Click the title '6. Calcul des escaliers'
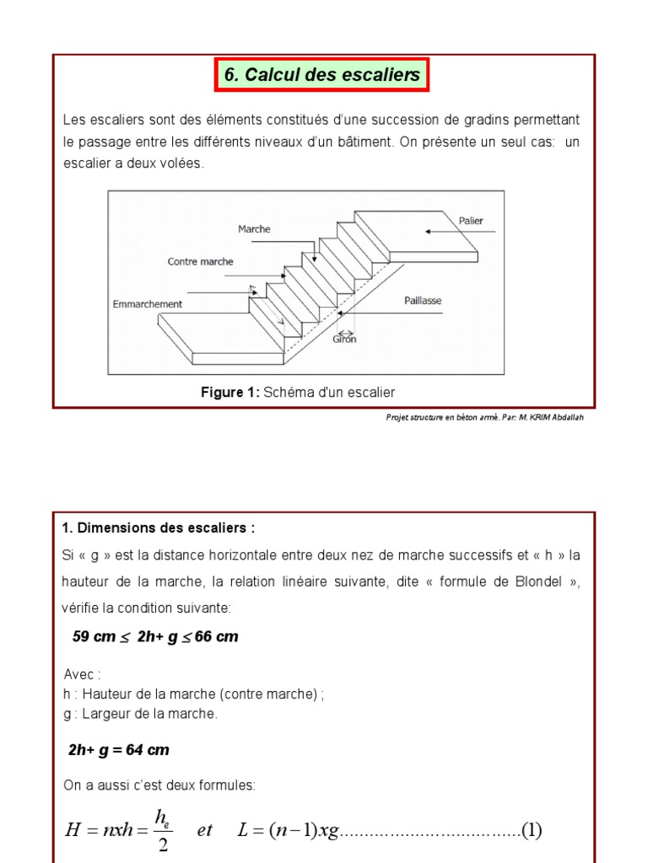(321, 74)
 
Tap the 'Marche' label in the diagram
(254, 229)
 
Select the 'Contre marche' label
(200, 261)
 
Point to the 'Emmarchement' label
(147, 303)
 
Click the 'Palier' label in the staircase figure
(471, 221)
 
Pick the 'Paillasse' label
(423, 301)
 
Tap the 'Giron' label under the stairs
(344, 340)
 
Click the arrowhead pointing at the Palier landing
(428, 232)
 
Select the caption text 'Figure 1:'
(229, 393)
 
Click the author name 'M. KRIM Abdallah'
(551, 417)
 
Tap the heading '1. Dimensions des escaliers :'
(158, 528)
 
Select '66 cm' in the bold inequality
(216, 637)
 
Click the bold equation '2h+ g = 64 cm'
(118, 750)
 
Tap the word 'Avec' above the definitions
(78, 674)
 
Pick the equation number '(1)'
(532, 830)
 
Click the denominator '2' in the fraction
(163, 844)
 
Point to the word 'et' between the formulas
(204, 830)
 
